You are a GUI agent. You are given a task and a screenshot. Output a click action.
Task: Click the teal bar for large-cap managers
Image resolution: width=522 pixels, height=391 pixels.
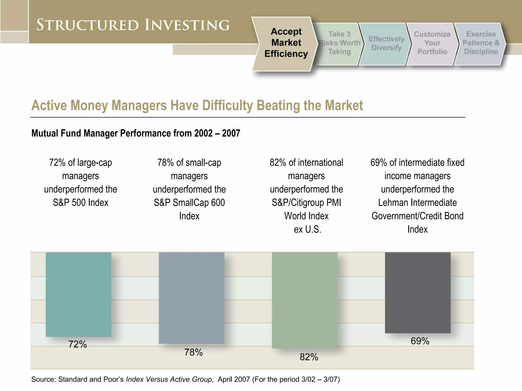pos(79,294)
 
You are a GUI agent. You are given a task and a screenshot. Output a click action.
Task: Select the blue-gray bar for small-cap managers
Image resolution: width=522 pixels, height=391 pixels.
pos(191,298)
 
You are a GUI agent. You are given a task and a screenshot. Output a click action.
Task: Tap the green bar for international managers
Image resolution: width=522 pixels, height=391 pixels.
pos(305,300)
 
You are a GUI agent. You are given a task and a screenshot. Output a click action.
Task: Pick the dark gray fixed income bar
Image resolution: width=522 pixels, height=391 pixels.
pos(417,292)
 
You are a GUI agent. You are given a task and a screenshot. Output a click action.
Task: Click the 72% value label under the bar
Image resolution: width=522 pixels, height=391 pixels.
pos(77,344)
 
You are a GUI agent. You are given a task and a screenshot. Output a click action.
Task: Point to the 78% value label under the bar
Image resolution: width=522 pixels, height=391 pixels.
pos(193,353)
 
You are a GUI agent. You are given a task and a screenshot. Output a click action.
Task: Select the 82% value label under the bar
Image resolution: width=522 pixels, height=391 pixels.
pos(309,357)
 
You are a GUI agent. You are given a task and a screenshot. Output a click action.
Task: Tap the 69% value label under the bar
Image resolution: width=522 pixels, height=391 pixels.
pos(420,341)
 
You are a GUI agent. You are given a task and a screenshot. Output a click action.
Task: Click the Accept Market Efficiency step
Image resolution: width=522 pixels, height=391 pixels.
pos(286,43)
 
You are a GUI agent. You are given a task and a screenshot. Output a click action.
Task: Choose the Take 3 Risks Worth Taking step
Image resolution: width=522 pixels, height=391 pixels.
pos(339,43)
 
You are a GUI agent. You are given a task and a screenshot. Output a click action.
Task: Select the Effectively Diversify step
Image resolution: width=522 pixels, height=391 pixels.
pos(386,43)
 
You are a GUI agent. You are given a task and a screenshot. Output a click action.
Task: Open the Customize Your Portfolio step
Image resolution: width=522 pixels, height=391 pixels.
pos(432,43)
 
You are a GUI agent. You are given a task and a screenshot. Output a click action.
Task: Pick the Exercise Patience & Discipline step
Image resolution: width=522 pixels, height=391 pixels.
pos(481,43)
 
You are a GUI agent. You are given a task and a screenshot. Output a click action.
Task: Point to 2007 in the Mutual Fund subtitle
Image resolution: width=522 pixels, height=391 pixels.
pos(231,133)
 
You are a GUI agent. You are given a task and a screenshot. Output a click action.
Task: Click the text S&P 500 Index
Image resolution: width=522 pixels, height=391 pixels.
pos(81,203)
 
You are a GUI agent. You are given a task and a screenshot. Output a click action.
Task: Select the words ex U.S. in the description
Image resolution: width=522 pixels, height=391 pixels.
pos(307,229)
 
